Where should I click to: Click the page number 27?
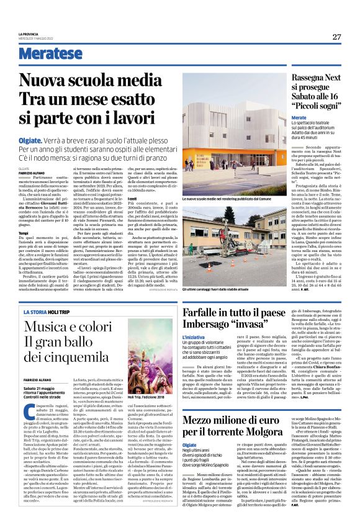tap(336, 37)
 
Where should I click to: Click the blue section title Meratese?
tap(50, 53)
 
